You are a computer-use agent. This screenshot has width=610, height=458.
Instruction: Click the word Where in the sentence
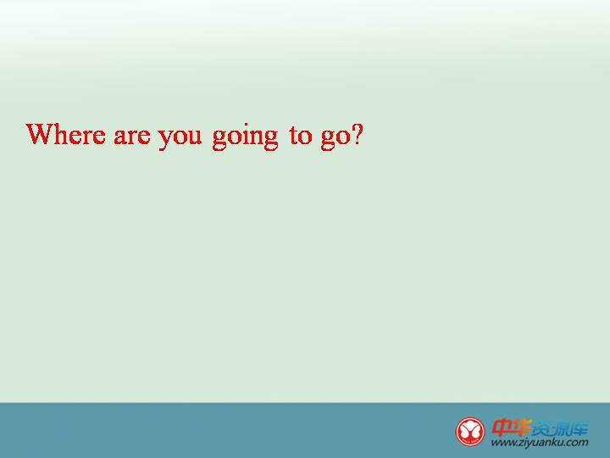(x=65, y=134)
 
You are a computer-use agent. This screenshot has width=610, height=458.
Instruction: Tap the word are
(x=132, y=137)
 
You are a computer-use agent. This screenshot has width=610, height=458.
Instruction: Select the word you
(x=180, y=139)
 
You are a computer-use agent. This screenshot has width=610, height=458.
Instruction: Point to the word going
(x=245, y=137)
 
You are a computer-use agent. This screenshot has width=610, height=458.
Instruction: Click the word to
(x=301, y=136)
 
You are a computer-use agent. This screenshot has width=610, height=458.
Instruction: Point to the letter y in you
(x=164, y=140)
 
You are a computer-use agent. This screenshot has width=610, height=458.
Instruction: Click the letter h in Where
(x=61, y=134)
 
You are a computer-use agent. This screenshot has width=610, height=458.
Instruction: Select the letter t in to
(x=293, y=136)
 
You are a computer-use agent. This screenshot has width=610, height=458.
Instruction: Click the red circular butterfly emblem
(x=470, y=432)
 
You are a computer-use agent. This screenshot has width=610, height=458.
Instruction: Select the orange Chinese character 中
(x=502, y=428)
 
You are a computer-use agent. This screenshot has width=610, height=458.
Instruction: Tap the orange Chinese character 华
(x=521, y=428)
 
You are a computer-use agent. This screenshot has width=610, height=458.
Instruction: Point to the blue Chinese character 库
(x=579, y=429)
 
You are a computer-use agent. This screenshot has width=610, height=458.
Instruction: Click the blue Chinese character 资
(x=541, y=429)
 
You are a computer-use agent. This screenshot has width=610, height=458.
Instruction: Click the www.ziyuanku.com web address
(x=540, y=443)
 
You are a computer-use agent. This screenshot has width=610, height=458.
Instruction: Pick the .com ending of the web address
(x=576, y=443)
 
